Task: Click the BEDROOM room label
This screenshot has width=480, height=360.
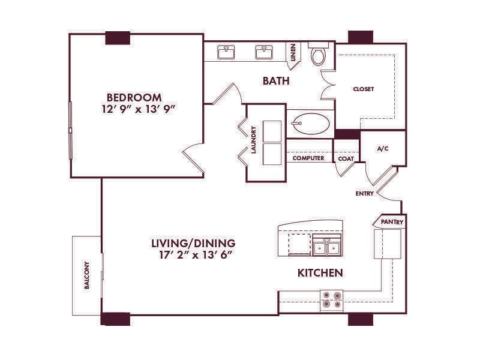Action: pos(134,98)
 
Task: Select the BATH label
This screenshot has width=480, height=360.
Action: pos(276,81)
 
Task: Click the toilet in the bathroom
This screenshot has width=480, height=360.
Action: pos(319,54)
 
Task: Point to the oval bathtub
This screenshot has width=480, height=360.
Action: pos(310,124)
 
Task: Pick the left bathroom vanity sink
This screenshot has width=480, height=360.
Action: pos(226,52)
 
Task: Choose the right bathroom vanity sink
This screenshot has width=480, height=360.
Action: pos(264,52)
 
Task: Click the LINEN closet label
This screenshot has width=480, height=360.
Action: pos(293,52)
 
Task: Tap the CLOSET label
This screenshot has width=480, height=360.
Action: pos(364,89)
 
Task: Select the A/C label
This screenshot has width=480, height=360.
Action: pos(383,149)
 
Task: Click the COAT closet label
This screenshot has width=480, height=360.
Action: pos(346,159)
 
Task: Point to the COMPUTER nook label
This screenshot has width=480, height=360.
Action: pos(308,158)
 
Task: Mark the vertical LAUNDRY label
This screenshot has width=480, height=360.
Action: pos(253,140)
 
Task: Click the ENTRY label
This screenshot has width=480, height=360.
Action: pos(365,193)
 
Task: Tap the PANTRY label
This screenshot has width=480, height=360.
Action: pos(392,222)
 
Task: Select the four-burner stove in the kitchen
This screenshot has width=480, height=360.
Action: pos(332,299)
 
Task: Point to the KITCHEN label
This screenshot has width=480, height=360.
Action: pos(320,273)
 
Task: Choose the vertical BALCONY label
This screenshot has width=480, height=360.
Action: pos(87,275)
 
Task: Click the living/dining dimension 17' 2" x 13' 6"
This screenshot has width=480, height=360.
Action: pos(194,254)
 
